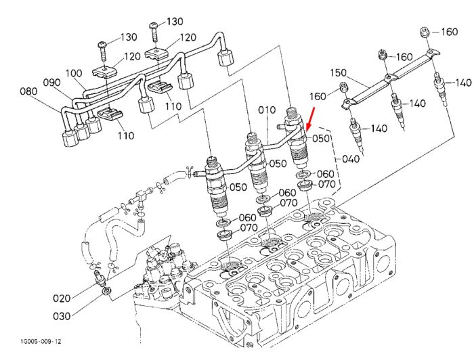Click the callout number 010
click(x=267, y=110)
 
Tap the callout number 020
click(x=62, y=298)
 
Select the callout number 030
click(x=62, y=316)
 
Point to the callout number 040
click(x=351, y=158)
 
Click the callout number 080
click(x=28, y=91)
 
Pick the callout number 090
click(x=51, y=82)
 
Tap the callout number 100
click(x=74, y=73)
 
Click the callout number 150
click(x=339, y=72)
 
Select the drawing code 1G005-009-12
click(x=41, y=341)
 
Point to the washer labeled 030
click(x=106, y=292)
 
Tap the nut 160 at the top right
click(x=425, y=32)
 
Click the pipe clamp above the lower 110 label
click(x=110, y=114)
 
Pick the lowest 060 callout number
click(x=248, y=217)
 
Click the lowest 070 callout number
click(x=249, y=227)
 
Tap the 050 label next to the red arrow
click(x=321, y=138)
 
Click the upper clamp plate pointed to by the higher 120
click(x=158, y=53)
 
